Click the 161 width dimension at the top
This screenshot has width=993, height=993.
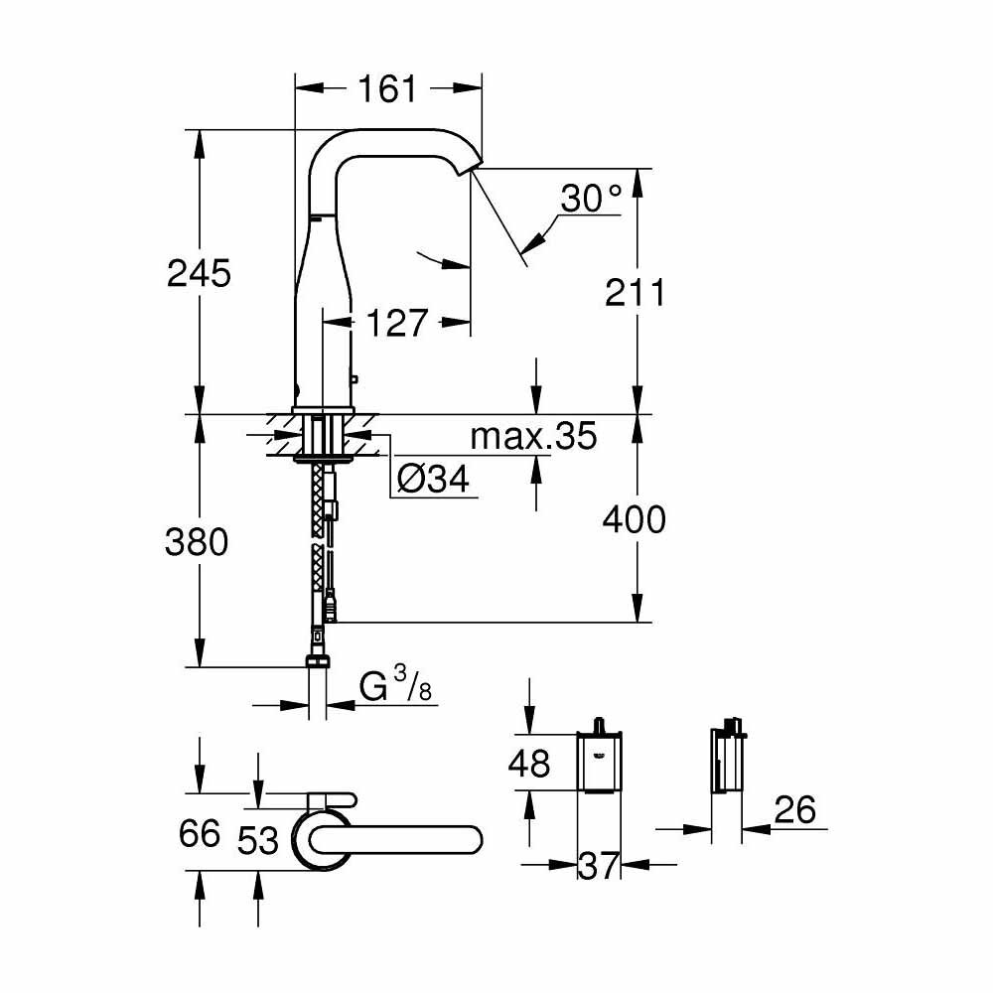(x=387, y=89)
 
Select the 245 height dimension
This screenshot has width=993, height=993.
(x=199, y=272)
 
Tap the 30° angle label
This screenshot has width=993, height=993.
(x=590, y=200)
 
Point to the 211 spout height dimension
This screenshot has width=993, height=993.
(x=637, y=292)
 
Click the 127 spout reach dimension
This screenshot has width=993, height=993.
(x=396, y=323)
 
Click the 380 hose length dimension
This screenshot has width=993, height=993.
(x=199, y=542)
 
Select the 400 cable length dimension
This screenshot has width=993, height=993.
(x=637, y=518)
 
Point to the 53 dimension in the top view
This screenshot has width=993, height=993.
(x=258, y=840)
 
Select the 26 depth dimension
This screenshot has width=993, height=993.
(x=794, y=810)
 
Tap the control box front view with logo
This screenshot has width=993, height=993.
(x=599, y=764)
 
